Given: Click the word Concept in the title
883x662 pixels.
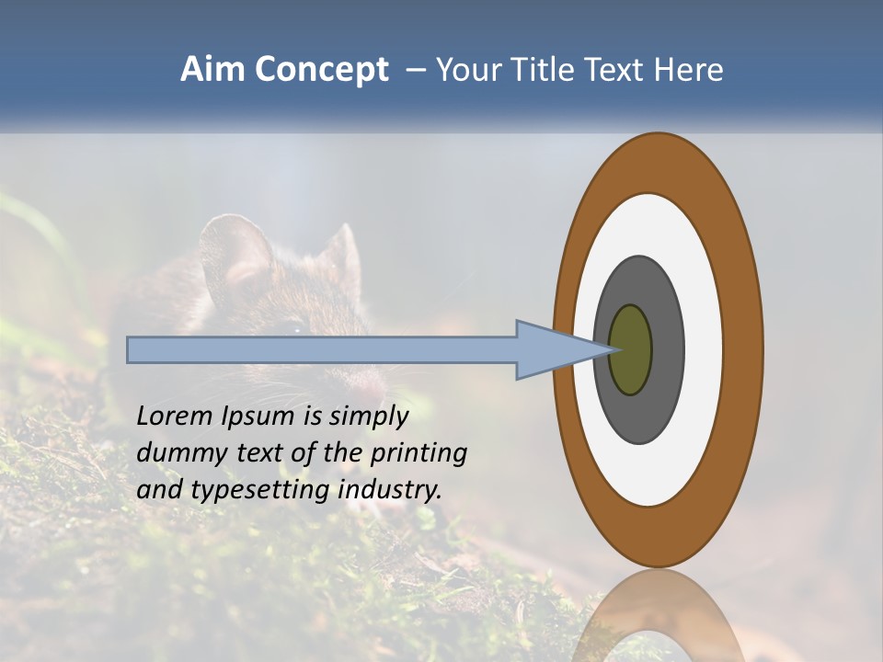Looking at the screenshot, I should (320, 70).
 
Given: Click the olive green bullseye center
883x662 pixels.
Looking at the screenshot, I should (632, 349).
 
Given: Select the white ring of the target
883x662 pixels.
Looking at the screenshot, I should (703, 349).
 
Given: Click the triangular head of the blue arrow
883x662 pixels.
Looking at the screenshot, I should (552, 349).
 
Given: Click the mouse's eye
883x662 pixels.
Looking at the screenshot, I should (292, 327).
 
